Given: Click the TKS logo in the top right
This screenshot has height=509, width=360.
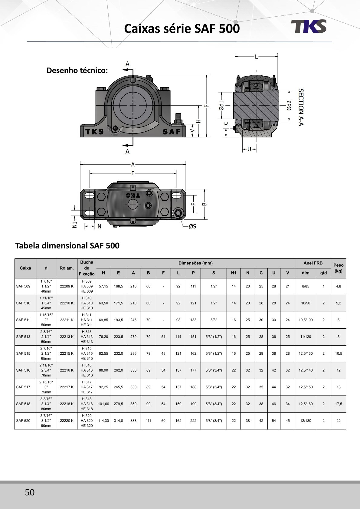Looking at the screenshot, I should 309,26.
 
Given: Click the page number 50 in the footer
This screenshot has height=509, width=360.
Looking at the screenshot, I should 30,492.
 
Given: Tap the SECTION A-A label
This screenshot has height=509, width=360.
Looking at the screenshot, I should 301,107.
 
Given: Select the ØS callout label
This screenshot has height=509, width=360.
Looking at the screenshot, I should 192,226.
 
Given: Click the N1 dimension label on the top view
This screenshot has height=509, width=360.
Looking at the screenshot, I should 75,225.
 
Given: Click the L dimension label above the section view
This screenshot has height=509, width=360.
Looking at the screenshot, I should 256,57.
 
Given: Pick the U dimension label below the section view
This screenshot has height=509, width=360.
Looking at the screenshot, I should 249,149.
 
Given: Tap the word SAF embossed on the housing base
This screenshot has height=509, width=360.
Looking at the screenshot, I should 172,132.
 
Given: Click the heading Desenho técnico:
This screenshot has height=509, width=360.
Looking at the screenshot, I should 77,71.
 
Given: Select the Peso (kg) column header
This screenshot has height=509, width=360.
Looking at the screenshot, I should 338,268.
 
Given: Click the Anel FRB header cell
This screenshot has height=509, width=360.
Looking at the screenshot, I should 313,263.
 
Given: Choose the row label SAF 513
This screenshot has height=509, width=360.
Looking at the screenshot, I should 23,337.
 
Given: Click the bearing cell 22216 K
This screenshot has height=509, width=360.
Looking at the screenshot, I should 67,370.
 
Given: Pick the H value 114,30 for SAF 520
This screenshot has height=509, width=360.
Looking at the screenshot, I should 103,421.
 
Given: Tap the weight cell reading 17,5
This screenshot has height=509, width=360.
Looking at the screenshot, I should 338,404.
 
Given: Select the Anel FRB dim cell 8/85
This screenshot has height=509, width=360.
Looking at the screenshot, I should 306,286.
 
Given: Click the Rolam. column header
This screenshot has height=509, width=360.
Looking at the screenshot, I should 67,268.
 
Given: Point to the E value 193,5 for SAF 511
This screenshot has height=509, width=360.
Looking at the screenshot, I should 118,320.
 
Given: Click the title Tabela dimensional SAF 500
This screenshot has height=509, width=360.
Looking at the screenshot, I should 67,245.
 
